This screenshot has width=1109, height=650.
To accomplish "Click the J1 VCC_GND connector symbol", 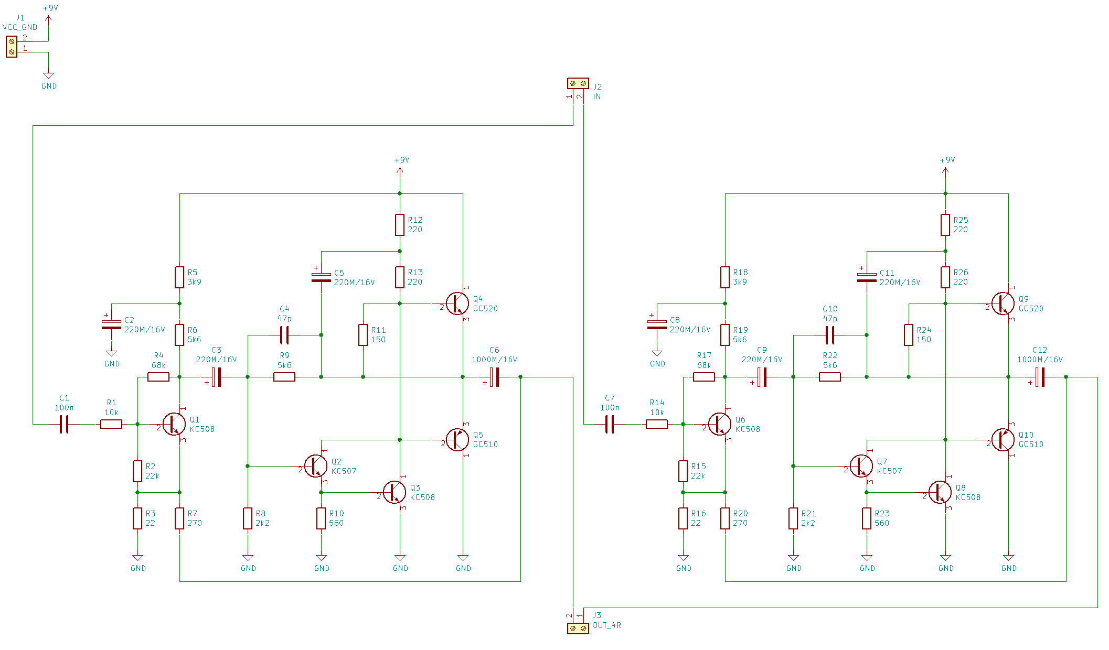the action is pos(12,47).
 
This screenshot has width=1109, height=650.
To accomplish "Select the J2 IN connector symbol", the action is pos(578,83).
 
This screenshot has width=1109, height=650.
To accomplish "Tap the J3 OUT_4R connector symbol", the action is pos(578,628).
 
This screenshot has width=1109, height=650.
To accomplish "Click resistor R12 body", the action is pos(400,225).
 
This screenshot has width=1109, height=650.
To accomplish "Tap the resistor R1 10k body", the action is pos(111,424).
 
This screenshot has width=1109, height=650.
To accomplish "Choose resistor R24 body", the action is pos(909,335).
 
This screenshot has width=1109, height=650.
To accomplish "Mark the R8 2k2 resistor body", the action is pos(248,518).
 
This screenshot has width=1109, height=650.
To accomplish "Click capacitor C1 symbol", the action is pos(64,424).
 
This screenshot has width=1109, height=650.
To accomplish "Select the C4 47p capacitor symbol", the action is pos(284,335).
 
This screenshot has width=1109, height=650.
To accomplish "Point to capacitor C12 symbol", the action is pos(1040,377).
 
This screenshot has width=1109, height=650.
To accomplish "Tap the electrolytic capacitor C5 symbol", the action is pos(321,277).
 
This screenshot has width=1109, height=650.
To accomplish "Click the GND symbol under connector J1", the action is pos(48,75).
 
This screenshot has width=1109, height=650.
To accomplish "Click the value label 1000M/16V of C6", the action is pos(494,360).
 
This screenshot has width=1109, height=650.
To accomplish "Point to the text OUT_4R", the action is pos(606,625).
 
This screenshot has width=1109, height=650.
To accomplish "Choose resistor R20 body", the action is pos(725,518).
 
